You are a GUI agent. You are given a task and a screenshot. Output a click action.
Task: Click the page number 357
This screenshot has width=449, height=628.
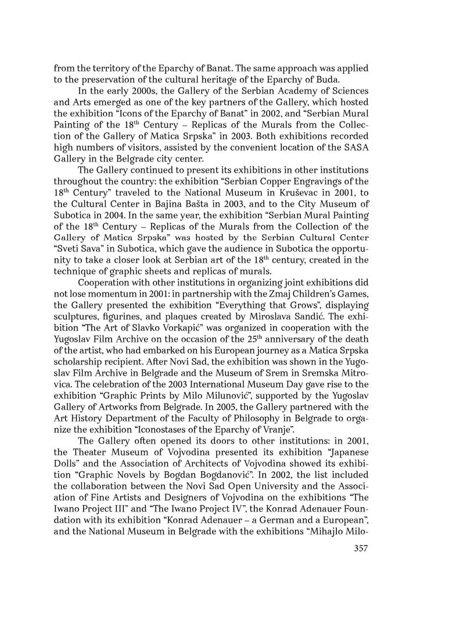click(361, 549)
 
